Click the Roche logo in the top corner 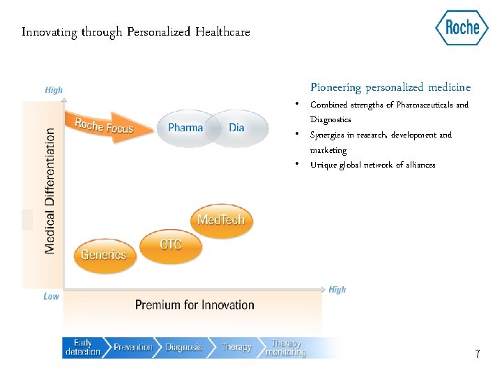pos(462,28)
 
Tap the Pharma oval pos(185,128)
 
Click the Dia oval pos(237,128)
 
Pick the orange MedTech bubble pos(221,220)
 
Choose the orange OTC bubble pos(171,244)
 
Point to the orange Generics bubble pos(103,255)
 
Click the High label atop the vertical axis pos(54,90)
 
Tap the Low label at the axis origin pos(52,296)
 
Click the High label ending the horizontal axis pos(337,290)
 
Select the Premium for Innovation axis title pos(195,305)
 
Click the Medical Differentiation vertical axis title pos(50,191)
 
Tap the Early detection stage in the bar pos(82,348)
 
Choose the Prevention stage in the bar pos(132,348)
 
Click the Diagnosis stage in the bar pos(183,348)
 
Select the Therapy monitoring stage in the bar pos(286,348)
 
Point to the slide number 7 pos(477,355)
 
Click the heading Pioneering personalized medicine pos(390,87)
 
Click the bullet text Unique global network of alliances pos(372,165)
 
